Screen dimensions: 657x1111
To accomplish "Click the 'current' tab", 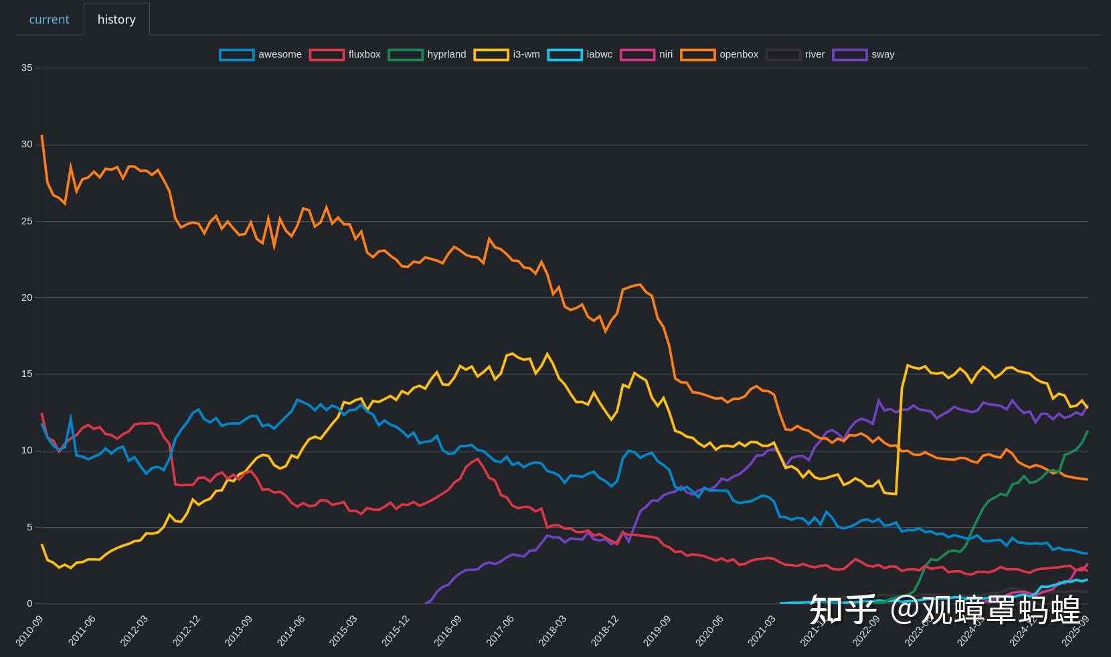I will click(49, 19).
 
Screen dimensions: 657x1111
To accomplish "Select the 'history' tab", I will click(116, 19).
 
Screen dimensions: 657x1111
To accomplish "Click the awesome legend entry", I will click(260, 54).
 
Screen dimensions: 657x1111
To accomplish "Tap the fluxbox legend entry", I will click(345, 54).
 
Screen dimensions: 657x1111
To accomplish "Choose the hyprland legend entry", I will click(427, 54).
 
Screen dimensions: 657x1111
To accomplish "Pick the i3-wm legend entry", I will click(507, 54).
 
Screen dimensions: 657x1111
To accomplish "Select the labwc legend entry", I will click(580, 54).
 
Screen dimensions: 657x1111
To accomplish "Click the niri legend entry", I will click(647, 54).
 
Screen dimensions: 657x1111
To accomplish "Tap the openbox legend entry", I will click(719, 54).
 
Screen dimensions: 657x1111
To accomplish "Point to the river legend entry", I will click(796, 54).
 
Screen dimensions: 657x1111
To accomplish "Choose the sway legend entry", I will click(863, 54).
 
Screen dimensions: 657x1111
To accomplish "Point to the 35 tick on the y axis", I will click(26, 68).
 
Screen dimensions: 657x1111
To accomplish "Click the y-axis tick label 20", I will click(26, 297).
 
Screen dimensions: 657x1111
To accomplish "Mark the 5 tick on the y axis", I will click(29, 527).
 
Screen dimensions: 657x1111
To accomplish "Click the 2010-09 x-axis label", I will click(29, 630).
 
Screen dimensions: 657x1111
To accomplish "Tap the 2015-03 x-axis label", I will click(343, 630).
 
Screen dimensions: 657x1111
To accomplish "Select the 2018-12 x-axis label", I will click(604, 630).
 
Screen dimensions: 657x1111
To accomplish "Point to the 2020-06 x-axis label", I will click(709, 630).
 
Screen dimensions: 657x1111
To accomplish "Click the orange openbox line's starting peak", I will click(42, 136).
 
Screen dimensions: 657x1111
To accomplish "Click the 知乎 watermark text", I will click(842, 609).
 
